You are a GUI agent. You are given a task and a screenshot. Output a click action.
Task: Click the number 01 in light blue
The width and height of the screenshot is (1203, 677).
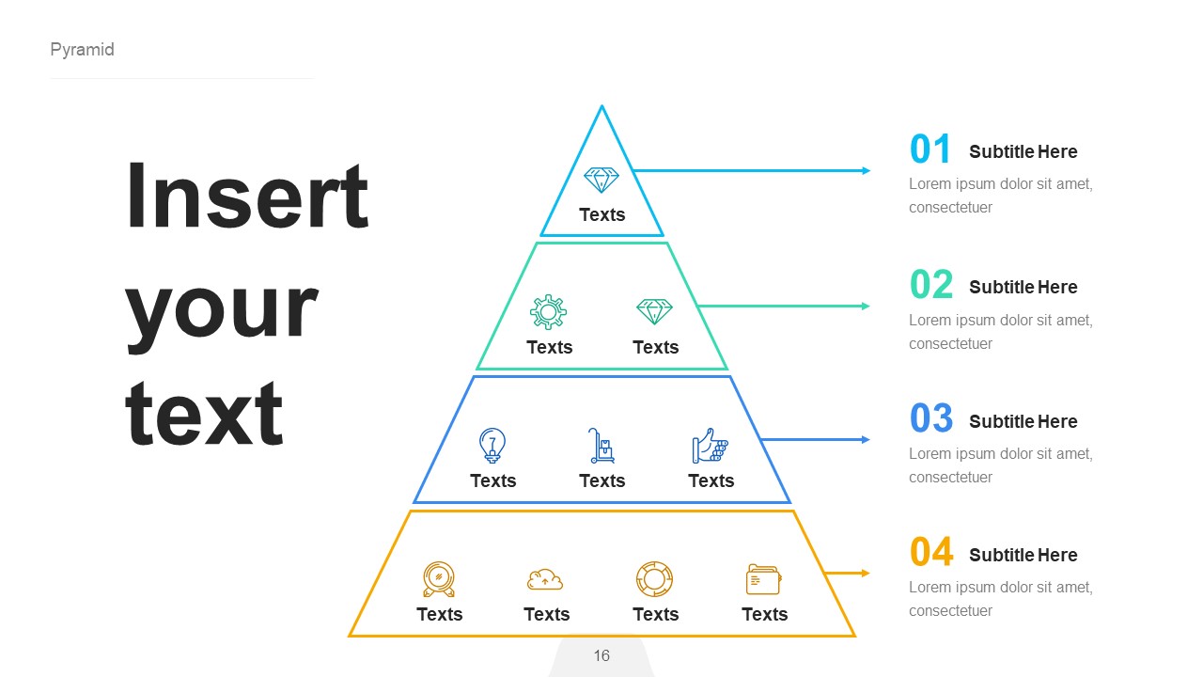[x=930, y=150]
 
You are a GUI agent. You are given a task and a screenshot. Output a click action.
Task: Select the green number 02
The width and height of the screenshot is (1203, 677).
[x=930, y=285]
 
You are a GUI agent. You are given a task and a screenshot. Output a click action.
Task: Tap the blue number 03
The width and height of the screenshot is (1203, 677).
[x=930, y=419]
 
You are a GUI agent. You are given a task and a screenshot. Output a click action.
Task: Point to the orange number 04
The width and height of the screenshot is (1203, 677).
[x=930, y=553]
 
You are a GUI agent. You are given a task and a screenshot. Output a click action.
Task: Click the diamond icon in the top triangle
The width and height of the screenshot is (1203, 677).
[x=601, y=180]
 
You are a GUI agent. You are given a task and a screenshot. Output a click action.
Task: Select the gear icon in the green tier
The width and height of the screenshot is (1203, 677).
[x=548, y=311]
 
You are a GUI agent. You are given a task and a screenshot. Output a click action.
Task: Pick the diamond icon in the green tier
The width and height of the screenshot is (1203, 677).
[x=655, y=311]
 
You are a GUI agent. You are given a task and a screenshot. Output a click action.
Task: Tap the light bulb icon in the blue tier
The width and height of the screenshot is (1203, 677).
[x=492, y=445]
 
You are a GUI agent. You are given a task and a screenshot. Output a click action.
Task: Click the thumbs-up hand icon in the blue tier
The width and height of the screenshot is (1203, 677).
[x=711, y=446]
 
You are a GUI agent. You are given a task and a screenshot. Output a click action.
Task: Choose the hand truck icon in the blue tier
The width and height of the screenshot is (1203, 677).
[x=601, y=446]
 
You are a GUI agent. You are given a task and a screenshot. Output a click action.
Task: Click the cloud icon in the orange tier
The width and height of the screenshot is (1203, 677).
[x=545, y=579]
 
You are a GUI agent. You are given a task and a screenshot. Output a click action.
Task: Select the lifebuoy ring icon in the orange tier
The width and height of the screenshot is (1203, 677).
[x=654, y=578]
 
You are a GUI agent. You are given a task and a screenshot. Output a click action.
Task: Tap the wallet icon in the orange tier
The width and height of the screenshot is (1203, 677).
[x=763, y=579]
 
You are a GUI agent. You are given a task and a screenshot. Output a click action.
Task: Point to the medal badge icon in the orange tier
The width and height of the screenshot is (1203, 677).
[x=439, y=579]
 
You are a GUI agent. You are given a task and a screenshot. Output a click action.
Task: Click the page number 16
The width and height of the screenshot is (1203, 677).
[x=601, y=655]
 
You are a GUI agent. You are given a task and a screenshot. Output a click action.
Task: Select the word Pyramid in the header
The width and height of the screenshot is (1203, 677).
[x=82, y=50]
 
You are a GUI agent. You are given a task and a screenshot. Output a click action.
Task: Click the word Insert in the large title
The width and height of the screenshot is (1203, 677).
[x=247, y=197]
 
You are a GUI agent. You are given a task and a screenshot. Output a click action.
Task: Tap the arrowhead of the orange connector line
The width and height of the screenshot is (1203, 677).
[x=865, y=573]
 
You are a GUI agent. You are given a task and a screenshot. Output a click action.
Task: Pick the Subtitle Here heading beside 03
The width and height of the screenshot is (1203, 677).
[x=1023, y=421]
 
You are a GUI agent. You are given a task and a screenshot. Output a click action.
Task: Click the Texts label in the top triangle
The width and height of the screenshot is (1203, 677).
[x=601, y=214]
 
